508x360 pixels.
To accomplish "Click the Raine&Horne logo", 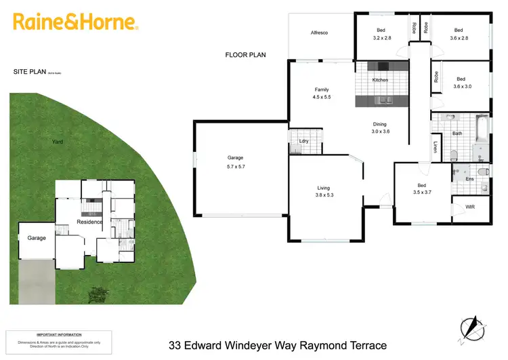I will (76, 22).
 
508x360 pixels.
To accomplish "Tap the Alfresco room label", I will (319, 33).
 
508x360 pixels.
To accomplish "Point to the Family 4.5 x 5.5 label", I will (321, 94).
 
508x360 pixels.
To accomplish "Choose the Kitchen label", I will (381, 80).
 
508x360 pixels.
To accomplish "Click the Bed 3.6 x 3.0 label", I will (461, 83).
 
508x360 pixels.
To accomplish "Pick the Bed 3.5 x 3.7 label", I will (421, 189).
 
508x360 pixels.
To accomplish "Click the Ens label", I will (469, 180).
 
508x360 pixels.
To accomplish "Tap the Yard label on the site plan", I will (57, 142).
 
